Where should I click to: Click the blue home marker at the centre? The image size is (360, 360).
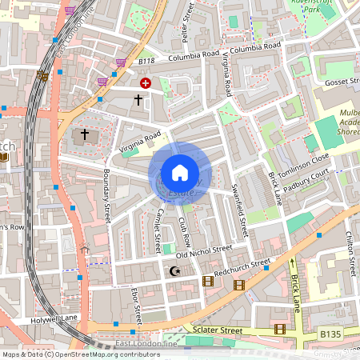pos(180,173)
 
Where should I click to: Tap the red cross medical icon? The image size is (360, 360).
pos(146,82)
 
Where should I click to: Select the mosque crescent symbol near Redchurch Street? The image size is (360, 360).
pos(175,272)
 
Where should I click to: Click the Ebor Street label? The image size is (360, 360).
pos(135,303)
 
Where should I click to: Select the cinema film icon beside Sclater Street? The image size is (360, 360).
pos(279,329)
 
